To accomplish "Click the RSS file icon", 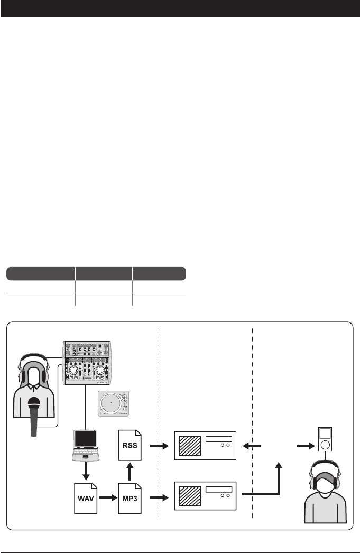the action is (130, 446).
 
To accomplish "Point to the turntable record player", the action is (113, 402).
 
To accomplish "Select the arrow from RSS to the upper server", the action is (158, 446).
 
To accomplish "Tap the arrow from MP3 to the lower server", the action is (158, 497).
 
